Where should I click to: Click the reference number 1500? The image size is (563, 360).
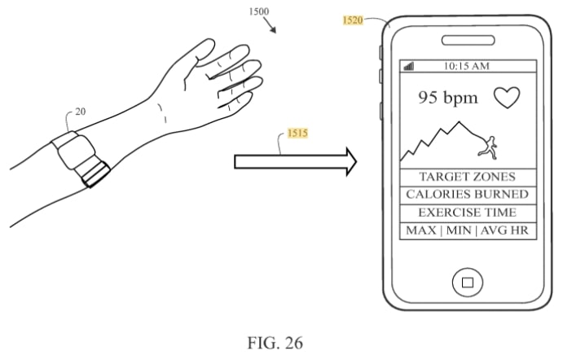pyautogui.click(x=258, y=11)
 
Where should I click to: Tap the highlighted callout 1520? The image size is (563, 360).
pyautogui.click(x=353, y=20)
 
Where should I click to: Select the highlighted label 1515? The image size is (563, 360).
pyautogui.click(x=297, y=133)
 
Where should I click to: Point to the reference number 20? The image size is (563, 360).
pyautogui.click(x=81, y=112)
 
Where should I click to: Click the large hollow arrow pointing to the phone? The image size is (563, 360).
pyautogui.click(x=295, y=161)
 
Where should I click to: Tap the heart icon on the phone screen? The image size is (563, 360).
pyautogui.click(x=507, y=97)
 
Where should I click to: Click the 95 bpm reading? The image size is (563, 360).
pyautogui.click(x=448, y=98)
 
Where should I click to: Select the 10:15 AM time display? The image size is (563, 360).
pyautogui.click(x=466, y=66)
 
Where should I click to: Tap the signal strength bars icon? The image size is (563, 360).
pyautogui.click(x=409, y=66)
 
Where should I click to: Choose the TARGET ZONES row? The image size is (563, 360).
pyautogui.click(x=468, y=177)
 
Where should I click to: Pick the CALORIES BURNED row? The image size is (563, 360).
pyautogui.click(x=468, y=195)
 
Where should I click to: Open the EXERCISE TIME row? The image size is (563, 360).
pyautogui.click(x=468, y=213)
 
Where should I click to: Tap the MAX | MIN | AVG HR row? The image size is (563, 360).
pyautogui.click(x=468, y=230)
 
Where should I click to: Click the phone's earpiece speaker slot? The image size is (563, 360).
pyautogui.click(x=468, y=40)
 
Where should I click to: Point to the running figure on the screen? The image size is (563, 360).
pyautogui.click(x=488, y=147)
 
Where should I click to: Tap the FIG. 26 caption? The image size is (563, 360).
pyautogui.click(x=275, y=342)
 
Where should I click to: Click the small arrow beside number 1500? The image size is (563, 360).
pyautogui.click(x=270, y=25)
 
